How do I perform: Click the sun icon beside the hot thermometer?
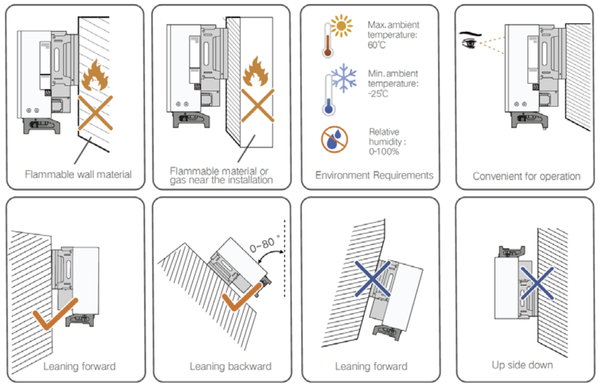(341, 26)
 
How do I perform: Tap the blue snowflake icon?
(344, 78)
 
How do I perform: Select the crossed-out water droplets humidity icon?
(334, 139)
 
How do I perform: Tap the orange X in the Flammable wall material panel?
(95, 113)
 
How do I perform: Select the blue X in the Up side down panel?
(537, 283)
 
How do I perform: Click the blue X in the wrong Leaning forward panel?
(373, 279)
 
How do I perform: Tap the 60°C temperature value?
(377, 45)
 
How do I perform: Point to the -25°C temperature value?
(378, 94)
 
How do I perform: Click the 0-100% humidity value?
(384, 152)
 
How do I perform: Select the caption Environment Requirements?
(374, 175)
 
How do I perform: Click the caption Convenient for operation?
(527, 176)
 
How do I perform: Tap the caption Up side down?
(522, 365)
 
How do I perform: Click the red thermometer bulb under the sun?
(328, 52)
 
